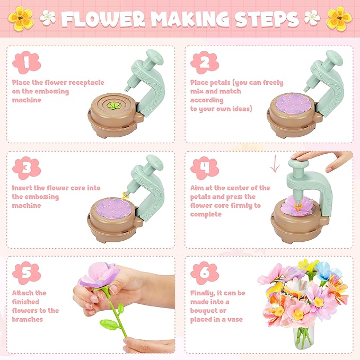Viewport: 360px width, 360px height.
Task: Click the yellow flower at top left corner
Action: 20,17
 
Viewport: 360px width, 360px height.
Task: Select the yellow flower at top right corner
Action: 339,17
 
